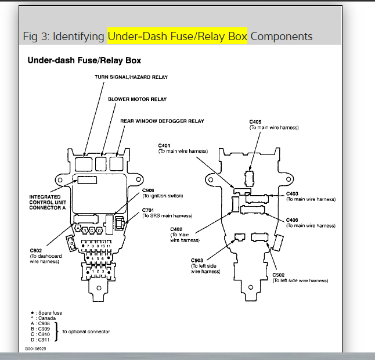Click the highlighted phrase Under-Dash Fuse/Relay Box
(x=177, y=37)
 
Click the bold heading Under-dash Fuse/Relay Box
(x=84, y=60)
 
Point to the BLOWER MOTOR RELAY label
(x=137, y=99)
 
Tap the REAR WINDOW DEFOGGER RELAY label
(x=162, y=121)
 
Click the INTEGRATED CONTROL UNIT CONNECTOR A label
(x=49, y=203)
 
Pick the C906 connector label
(x=148, y=190)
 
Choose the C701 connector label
(x=149, y=210)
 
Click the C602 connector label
(x=37, y=251)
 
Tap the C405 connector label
(x=256, y=122)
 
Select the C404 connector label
(x=165, y=145)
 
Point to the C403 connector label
(x=293, y=194)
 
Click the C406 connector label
(x=293, y=221)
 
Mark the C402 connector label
(x=176, y=229)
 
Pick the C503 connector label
(x=197, y=260)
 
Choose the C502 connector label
(x=279, y=275)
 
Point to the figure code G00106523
(x=35, y=349)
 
